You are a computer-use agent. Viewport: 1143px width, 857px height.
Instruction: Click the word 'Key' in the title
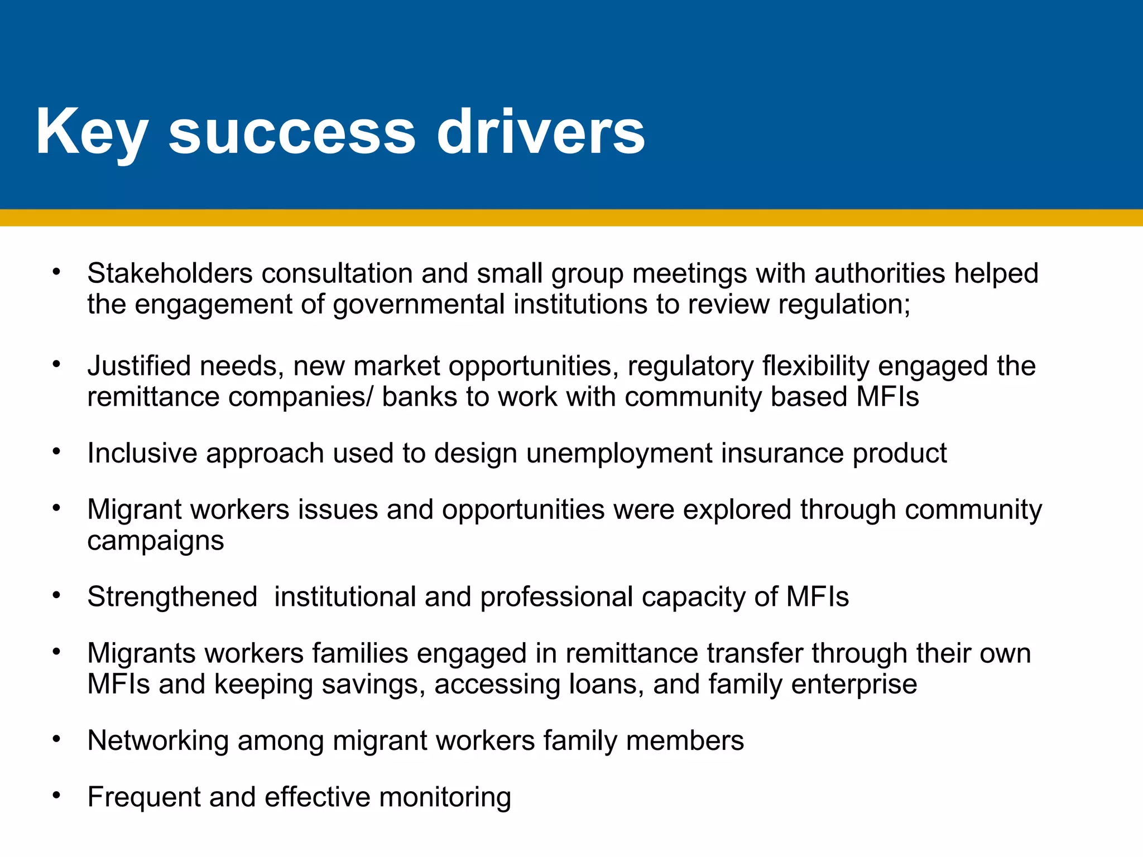91,132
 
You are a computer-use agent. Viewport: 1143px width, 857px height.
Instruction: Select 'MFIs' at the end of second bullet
887,397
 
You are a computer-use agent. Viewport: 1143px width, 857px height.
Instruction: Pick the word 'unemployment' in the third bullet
619,454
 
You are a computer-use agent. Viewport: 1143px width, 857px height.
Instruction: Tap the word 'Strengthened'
172,596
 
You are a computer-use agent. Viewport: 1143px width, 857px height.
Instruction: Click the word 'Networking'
158,742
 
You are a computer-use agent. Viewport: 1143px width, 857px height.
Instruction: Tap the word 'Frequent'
144,797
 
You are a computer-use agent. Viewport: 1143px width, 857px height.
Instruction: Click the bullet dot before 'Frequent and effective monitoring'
56,795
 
